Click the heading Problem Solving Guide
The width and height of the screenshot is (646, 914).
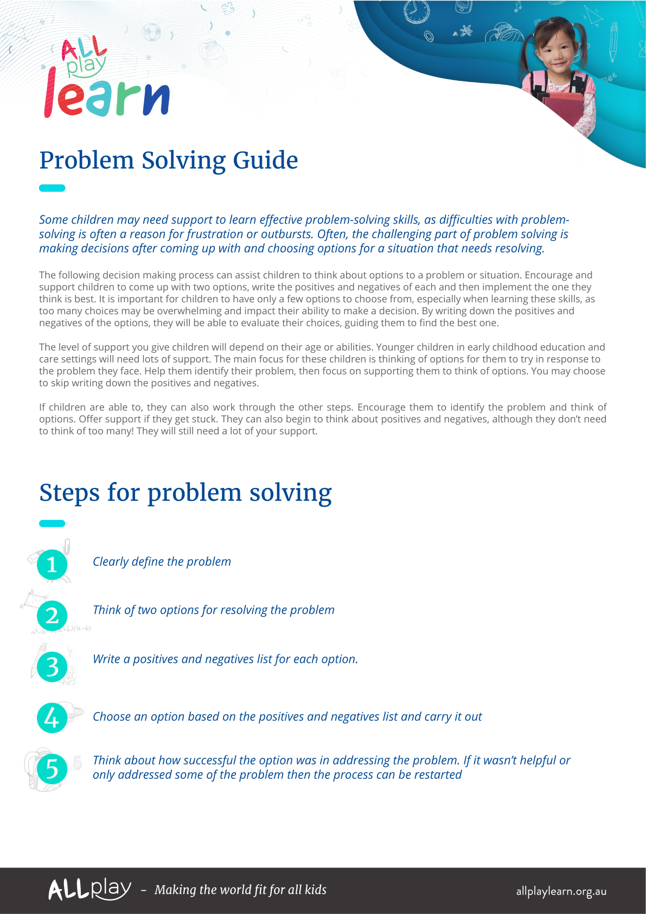pos(169,161)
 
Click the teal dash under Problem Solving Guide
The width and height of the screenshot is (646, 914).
pos(52,188)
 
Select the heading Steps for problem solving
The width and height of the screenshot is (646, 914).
pos(185,493)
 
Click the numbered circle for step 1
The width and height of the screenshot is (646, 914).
pos(52,564)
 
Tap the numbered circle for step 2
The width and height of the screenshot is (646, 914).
pos(52,615)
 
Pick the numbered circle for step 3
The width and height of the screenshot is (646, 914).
pos(52,667)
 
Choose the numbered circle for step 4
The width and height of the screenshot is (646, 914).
pos(52,718)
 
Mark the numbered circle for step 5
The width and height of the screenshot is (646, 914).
pos(52,769)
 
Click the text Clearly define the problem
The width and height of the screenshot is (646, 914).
pos(162,562)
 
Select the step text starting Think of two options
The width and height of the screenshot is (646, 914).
pos(213,610)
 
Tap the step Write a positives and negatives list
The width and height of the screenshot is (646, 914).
pos(225,659)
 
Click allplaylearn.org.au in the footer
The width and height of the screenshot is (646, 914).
pos(561,891)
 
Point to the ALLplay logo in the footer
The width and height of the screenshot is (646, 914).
pos(89,890)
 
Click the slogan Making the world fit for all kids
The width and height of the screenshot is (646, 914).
pos(240,890)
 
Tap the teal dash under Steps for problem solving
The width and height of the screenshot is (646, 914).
pos(52,524)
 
